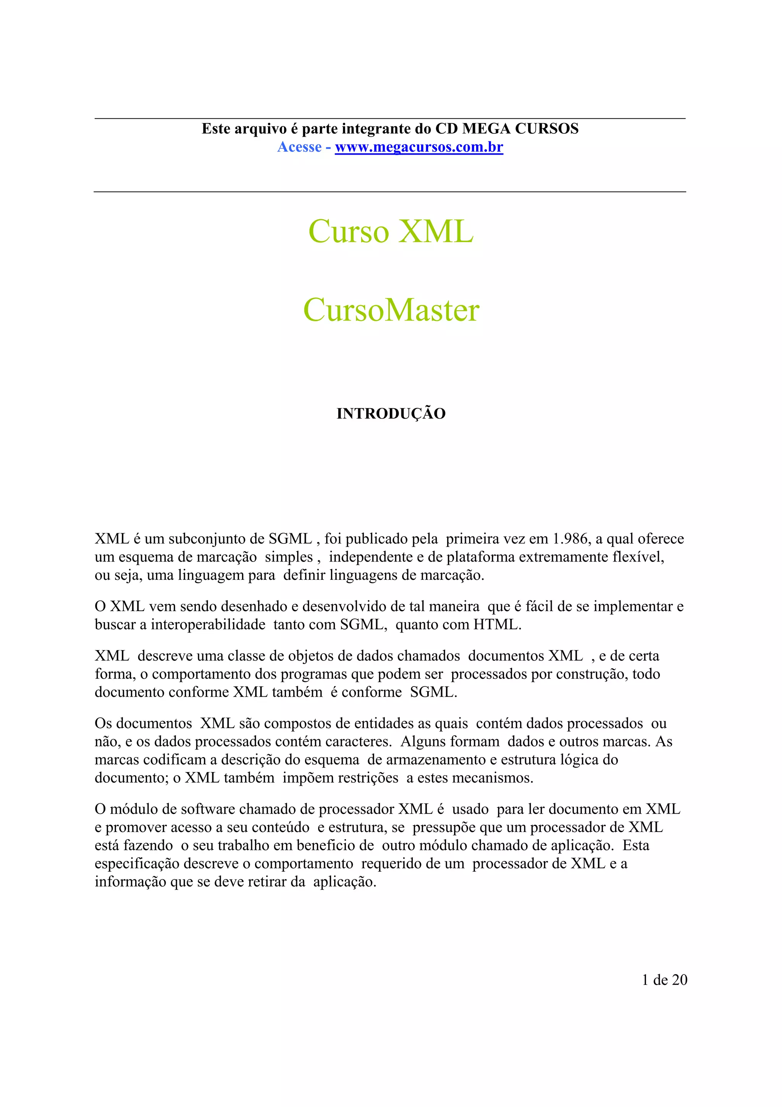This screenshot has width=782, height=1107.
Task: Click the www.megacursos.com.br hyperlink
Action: click(419, 147)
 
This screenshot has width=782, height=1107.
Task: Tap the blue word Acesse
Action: click(299, 147)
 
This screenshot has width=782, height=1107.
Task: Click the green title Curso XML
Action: click(391, 231)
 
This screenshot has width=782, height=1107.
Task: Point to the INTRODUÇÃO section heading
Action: click(391, 414)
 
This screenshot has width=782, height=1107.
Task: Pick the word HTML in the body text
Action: click(496, 625)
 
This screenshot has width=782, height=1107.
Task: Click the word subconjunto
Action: click(209, 539)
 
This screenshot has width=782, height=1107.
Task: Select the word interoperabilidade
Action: click(208, 625)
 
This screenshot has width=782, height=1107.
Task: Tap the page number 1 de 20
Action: click(664, 980)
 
